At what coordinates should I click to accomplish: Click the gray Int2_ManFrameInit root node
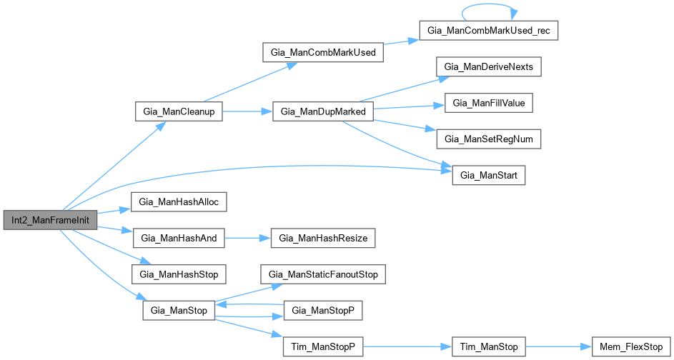51,221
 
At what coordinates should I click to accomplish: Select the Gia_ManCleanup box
179,111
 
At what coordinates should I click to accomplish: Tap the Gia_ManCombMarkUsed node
323,52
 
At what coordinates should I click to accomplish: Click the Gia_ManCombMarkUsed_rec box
489,31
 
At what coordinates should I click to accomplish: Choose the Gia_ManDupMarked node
323,111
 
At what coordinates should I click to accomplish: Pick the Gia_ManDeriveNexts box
489,67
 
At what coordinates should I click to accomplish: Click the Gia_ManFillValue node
489,104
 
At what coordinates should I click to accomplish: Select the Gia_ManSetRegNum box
489,139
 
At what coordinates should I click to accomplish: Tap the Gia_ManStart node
489,176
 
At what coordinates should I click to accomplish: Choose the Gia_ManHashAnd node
179,239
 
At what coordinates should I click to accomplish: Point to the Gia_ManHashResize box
323,239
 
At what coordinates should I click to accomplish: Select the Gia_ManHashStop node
179,274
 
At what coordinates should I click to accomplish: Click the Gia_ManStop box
179,311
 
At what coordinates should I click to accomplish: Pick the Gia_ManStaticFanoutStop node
323,274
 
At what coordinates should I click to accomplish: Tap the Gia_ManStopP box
323,311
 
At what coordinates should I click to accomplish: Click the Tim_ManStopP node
323,346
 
